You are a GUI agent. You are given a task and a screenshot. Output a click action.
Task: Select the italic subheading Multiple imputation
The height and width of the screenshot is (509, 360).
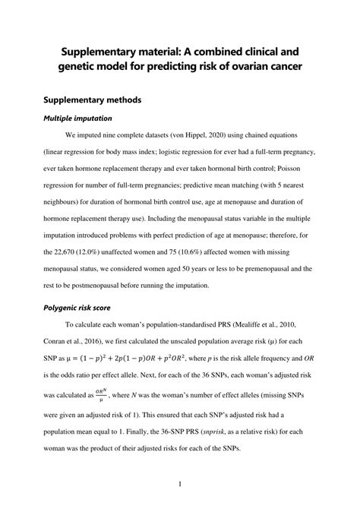(x=78, y=119)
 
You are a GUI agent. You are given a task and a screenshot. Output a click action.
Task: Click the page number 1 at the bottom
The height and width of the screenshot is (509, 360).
(x=180, y=483)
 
